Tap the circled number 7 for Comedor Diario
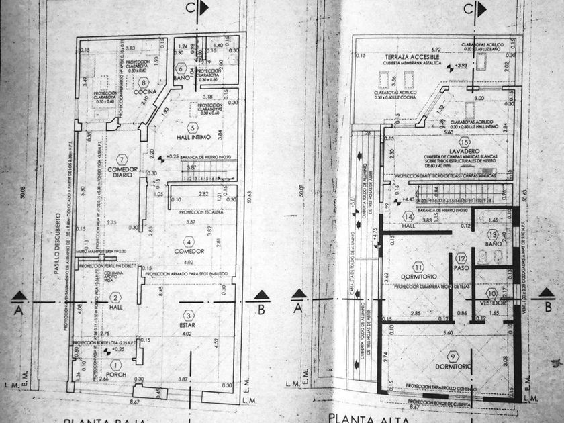[122, 159]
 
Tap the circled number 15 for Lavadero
[463, 143]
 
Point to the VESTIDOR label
[493, 303]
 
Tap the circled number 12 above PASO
[461, 258]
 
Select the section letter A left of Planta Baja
[20, 310]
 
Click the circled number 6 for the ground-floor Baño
[181, 68]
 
